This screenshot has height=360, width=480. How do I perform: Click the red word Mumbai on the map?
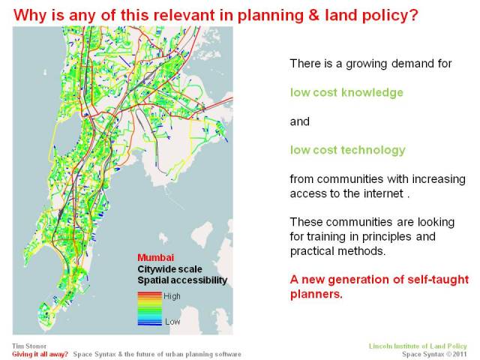point(153,256)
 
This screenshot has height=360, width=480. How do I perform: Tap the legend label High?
point(172,296)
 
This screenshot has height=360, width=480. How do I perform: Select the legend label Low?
point(172,321)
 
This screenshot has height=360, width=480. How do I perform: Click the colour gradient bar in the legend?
point(148,308)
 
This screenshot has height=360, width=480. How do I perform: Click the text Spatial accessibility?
point(182,280)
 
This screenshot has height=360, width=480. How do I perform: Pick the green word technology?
point(373,150)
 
